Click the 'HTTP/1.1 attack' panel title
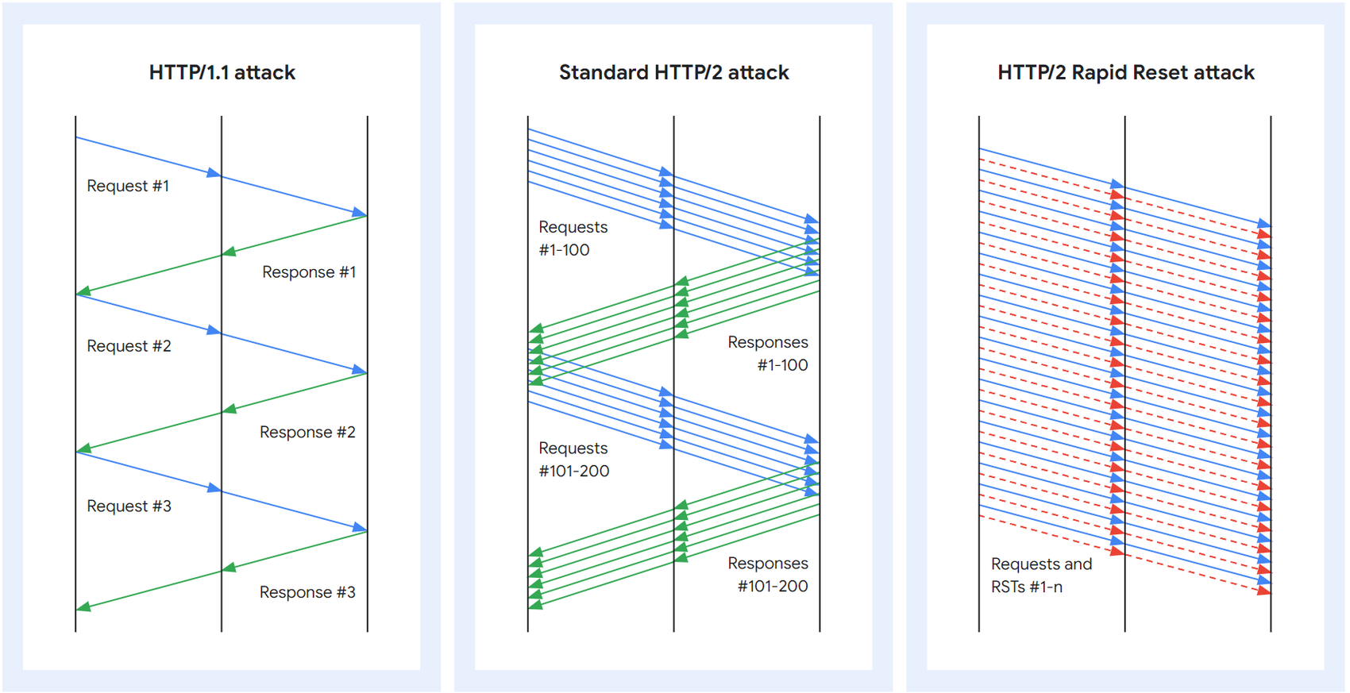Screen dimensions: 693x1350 222,72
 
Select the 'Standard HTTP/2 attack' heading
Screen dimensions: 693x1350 673,72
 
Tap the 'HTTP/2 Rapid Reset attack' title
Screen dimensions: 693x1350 1125,72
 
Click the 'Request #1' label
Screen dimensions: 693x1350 128,186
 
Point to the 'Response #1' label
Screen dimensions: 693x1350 309,272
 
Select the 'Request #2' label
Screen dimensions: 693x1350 129,346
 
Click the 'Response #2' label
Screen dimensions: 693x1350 307,432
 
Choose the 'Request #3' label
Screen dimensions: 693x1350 129,506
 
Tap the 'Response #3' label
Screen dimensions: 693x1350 307,592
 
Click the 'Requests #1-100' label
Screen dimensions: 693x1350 573,238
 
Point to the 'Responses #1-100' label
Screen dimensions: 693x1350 768,353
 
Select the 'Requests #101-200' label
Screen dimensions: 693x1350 573,460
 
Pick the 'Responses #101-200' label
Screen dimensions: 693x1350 768,575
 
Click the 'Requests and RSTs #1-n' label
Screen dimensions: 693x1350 1041,576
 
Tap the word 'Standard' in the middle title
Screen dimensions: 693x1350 604,72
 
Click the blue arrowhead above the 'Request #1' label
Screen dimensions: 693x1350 214,172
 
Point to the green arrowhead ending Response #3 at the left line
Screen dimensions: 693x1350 83,607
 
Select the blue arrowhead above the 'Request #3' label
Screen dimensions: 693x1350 214,487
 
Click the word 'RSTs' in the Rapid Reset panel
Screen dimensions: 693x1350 1008,587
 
